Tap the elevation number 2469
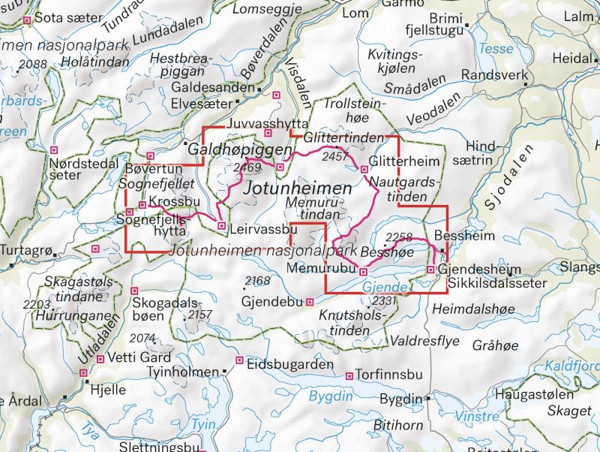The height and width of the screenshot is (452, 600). coord(247,167)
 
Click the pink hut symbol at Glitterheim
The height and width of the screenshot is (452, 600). coord(364,169)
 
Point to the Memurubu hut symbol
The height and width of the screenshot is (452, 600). coord(363,271)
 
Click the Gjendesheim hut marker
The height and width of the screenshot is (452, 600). coord(430,270)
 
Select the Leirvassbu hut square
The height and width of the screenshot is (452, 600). coord(220,225)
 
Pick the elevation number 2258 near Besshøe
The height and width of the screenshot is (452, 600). coord(397,237)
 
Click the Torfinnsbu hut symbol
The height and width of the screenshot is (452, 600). coord(349,375)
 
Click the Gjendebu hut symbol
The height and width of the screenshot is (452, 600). coord(310,302)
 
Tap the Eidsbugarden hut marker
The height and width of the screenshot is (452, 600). coord(240,361)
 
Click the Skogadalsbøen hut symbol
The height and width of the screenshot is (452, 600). coord(135,291)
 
